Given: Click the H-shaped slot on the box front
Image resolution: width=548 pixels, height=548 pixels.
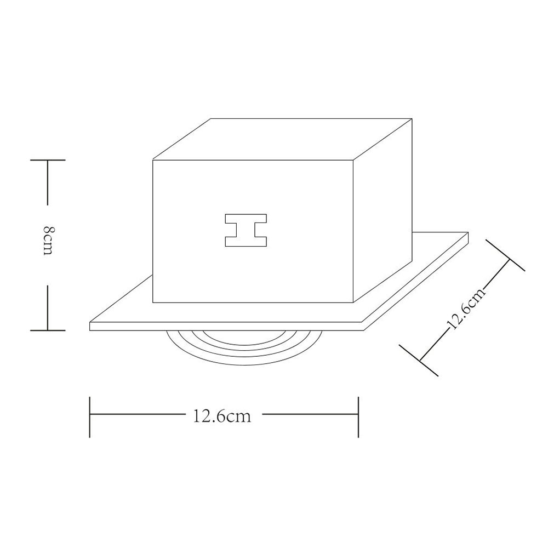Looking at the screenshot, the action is pos(246,230).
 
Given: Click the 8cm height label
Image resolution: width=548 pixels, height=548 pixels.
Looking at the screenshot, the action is pos(48,241).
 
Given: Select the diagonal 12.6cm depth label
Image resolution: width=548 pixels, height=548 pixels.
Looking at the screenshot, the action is pos(466,309).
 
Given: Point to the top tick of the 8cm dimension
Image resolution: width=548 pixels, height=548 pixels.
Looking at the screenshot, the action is pos(48,160).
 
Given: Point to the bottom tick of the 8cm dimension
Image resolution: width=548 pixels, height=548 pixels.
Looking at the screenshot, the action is pos(48,330).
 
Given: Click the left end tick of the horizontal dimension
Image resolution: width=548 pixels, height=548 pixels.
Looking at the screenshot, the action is pos(90,416).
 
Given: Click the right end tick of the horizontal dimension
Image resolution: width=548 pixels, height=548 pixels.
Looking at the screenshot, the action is pos(358,416).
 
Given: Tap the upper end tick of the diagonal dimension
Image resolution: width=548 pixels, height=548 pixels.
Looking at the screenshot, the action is pos(505,255).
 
